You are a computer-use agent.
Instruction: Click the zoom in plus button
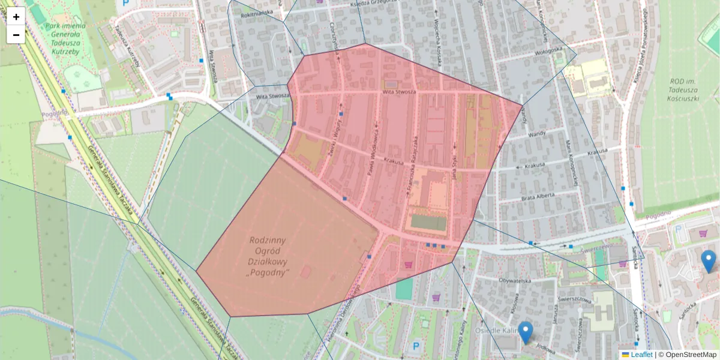[x=16, y=16]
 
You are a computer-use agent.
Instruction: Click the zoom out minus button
[x=16, y=35]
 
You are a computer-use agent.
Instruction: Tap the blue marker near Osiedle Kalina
[x=526, y=332]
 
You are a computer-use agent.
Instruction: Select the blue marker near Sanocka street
[x=709, y=261]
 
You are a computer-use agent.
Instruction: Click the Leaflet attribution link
[x=641, y=355]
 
